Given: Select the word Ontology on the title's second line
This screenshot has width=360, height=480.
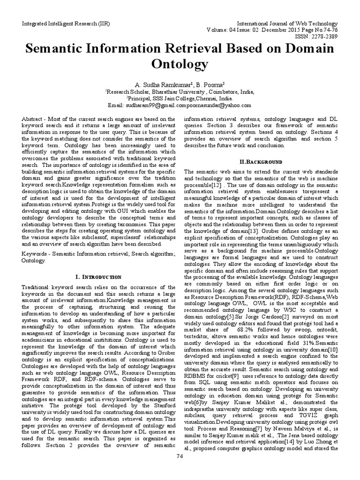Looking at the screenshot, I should pyautogui.click(x=180, y=64).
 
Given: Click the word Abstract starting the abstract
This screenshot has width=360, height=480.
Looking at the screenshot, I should pyautogui.click(x=32, y=120).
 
